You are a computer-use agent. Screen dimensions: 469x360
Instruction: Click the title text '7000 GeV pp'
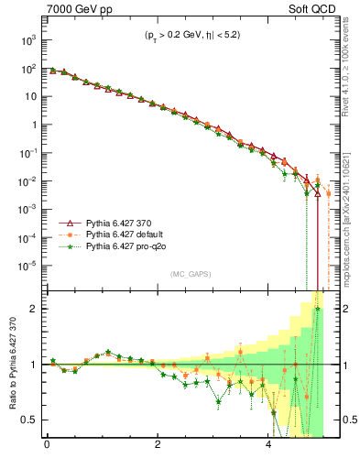click(x=73, y=10)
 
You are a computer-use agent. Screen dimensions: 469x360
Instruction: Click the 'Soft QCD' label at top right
click(x=310, y=10)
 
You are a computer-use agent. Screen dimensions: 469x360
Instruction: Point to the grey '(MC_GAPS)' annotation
click(x=188, y=274)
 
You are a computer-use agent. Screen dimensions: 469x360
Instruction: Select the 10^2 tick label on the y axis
click(x=28, y=69)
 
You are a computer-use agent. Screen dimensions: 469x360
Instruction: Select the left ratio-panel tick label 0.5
click(x=31, y=420)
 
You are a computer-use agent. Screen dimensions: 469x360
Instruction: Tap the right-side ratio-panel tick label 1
click(x=333, y=365)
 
